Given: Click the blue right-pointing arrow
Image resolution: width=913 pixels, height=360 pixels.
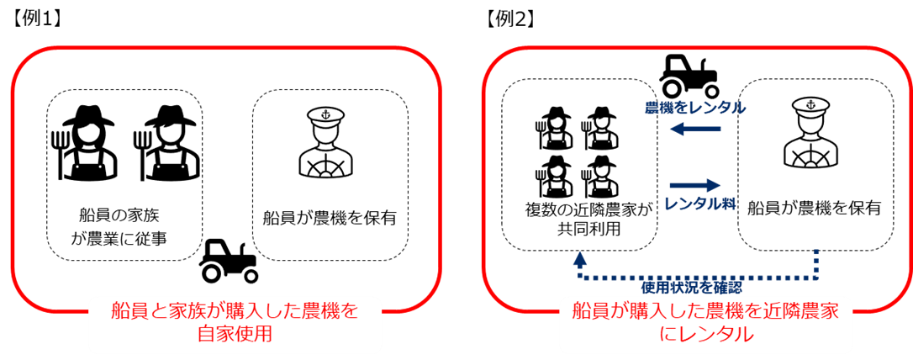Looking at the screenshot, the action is coord(695,185).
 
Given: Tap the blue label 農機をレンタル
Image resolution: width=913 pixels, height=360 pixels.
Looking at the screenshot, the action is coord(694,108).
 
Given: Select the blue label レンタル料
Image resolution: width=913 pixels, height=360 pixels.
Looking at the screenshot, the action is coord(700,204).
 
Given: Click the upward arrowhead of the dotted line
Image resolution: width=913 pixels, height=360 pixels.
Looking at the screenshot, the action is coord(579,258).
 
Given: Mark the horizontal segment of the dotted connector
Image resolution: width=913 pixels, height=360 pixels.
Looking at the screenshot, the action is coord(698,276).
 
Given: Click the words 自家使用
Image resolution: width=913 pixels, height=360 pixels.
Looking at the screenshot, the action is coord(235,334).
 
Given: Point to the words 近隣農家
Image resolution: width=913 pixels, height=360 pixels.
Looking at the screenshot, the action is coord(799,311).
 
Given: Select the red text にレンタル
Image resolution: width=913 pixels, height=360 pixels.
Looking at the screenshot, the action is coord(705,334).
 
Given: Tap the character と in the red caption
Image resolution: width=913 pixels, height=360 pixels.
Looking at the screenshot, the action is coord(162,311).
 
